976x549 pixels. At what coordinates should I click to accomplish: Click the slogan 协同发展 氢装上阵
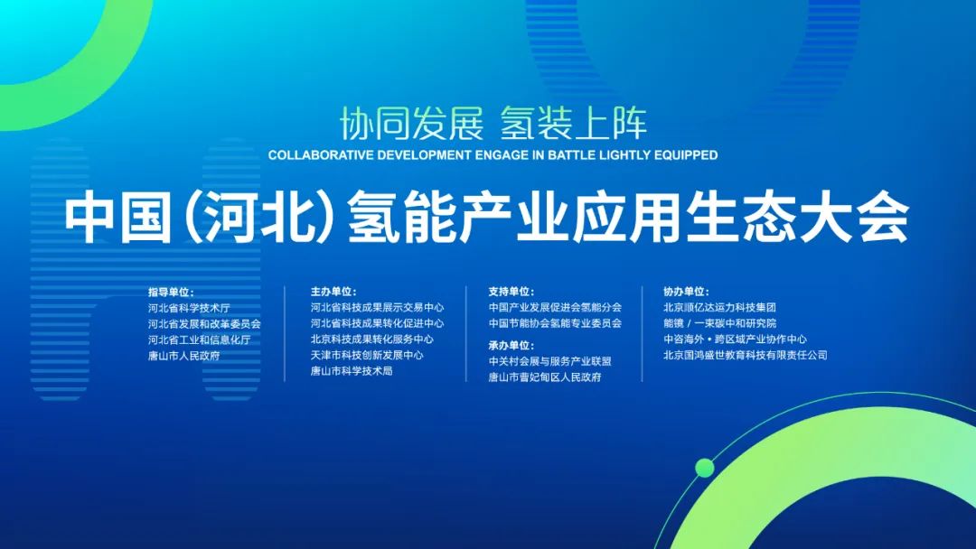(x=493, y=124)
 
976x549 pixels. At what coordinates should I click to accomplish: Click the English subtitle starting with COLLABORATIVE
(x=493, y=155)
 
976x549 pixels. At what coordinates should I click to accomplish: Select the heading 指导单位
(x=171, y=293)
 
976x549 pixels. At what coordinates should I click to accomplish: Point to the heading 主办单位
(x=333, y=293)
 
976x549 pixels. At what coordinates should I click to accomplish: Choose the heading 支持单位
(x=511, y=293)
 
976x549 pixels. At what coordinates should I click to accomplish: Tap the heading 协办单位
(x=686, y=293)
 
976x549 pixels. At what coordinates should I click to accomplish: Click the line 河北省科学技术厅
(x=189, y=308)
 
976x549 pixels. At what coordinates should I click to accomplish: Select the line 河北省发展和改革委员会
(x=204, y=323)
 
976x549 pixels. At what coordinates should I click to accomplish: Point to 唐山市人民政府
(x=183, y=355)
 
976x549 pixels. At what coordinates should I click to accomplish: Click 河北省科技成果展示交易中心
(x=377, y=308)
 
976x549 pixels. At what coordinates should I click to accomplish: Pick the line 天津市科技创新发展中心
(x=367, y=355)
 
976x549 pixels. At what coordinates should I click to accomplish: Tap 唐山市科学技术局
(x=352, y=370)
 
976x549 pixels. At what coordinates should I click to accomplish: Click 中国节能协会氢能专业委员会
(x=555, y=323)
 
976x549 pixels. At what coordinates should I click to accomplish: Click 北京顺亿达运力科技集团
(x=719, y=308)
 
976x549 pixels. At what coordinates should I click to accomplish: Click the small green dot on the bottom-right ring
(x=705, y=467)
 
